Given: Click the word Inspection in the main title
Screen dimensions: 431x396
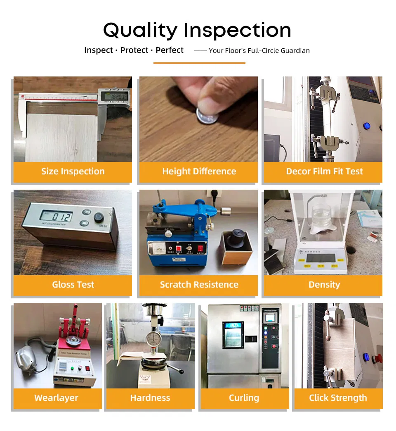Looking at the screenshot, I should point(238,31).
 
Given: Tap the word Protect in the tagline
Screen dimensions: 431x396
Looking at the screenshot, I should point(134,50).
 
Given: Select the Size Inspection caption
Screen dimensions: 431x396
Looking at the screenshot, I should point(73,171).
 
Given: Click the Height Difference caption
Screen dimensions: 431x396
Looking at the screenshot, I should point(199,171).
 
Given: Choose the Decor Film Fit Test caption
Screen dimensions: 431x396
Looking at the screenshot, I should point(324,171).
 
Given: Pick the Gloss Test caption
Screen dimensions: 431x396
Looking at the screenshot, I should point(73,285).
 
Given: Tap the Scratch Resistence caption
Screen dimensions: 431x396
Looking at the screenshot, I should point(199,285).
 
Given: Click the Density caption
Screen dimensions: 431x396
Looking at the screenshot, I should point(324,285).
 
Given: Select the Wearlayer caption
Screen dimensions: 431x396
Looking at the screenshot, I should point(56,398).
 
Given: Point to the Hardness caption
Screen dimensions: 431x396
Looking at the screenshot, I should point(150,398).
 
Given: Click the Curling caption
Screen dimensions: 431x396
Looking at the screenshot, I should point(244,398).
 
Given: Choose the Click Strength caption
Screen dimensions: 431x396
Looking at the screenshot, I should point(338,398).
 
